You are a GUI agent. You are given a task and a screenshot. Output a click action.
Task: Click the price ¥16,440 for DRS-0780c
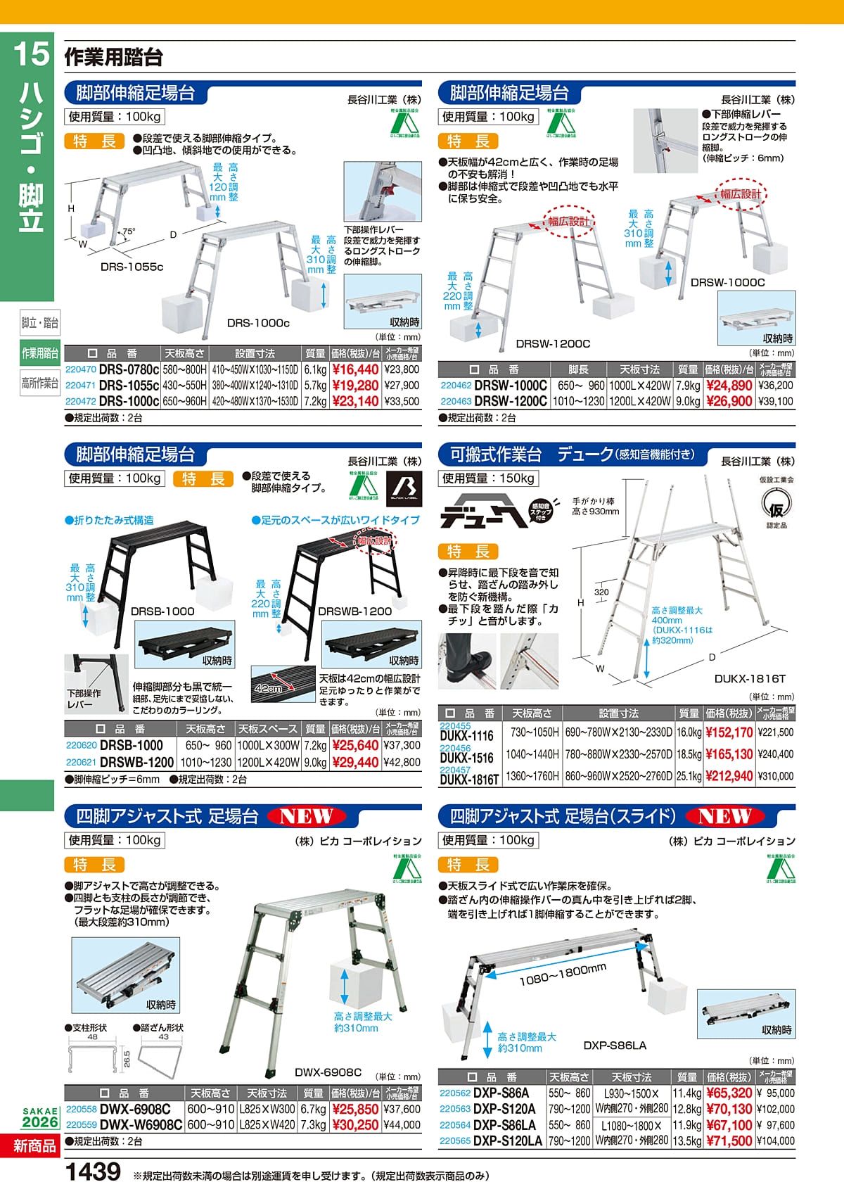tap(355, 369)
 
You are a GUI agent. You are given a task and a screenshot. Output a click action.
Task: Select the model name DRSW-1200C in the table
tap(511, 401)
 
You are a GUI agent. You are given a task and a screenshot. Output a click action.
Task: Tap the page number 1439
tap(93, 1171)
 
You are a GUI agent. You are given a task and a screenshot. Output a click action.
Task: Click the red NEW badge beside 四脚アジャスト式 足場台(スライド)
tap(725, 816)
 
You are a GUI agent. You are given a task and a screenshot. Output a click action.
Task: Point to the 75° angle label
tap(129, 231)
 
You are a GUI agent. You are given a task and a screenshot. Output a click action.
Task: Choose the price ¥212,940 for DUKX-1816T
tap(729, 776)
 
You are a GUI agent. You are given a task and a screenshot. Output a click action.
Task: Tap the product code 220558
tap(81, 1109)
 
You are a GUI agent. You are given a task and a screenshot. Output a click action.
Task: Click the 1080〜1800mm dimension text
tap(563, 975)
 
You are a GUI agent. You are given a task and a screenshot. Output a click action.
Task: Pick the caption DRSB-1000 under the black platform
tap(162, 611)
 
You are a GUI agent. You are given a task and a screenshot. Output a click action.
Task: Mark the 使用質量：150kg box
tap(489, 478)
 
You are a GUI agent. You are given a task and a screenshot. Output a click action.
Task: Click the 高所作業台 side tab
tap(39, 383)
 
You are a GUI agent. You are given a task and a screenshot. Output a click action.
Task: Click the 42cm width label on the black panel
tap(269, 688)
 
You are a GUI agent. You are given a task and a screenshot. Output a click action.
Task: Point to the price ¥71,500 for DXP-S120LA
tap(729, 1141)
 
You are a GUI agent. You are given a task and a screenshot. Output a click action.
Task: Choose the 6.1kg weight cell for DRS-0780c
tap(315, 369)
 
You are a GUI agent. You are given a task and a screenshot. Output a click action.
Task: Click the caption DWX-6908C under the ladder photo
tap(328, 1072)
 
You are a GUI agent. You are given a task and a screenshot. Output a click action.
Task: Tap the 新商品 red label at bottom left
tap(34, 1146)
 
